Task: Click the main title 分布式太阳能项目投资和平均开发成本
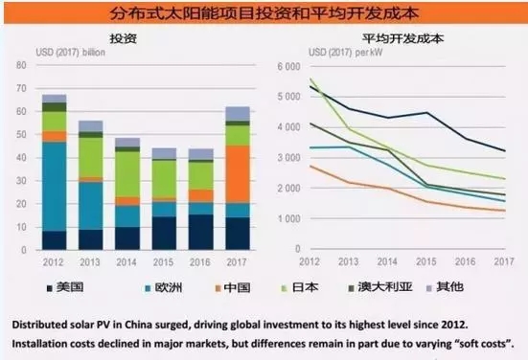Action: (x=264, y=13)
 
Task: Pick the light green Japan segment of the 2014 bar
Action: (x=126, y=172)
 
